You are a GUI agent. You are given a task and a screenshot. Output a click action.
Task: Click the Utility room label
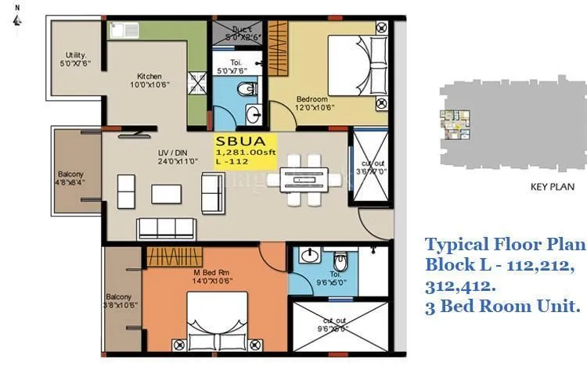tap(74, 59)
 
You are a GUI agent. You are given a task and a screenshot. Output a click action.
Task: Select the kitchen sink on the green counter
tap(120, 30)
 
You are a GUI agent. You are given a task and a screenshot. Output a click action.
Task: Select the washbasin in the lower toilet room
tap(310, 257)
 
